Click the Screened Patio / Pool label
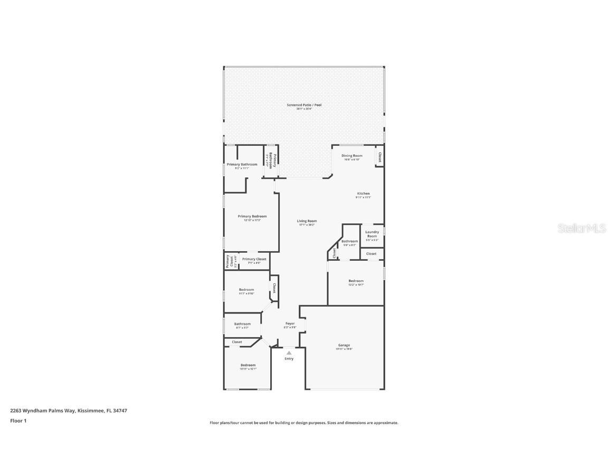[x=303, y=105]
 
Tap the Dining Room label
[x=351, y=156]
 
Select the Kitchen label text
[x=363, y=194]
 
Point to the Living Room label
[x=307, y=221]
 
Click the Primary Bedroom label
[x=252, y=216]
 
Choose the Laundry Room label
[x=372, y=234]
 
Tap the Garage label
[x=344, y=345]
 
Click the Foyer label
[x=290, y=324]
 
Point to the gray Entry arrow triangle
[x=289, y=353]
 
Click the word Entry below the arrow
[x=289, y=359]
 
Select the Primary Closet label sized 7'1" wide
[x=254, y=259]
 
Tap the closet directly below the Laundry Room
[x=372, y=254]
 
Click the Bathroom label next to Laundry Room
[x=349, y=241]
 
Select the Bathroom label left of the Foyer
[x=242, y=324]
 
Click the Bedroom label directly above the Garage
[x=356, y=281]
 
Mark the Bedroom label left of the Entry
[x=248, y=365]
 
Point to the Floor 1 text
[x=18, y=421]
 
